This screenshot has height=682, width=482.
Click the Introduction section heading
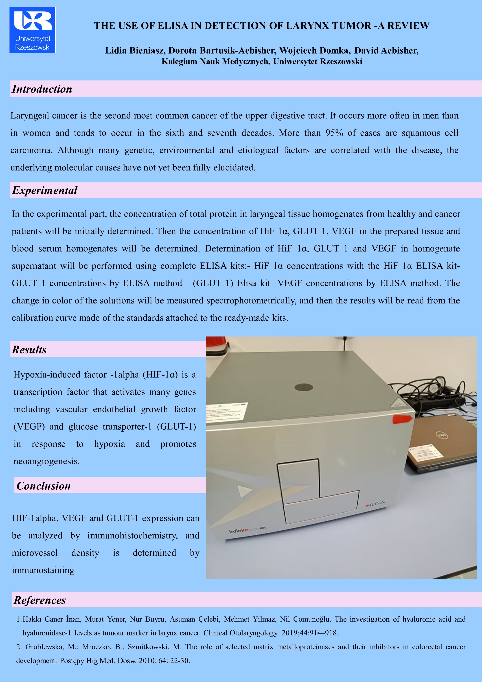(42, 89)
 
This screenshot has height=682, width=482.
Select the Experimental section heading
(45, 190)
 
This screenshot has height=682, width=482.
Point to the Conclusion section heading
(44, 486)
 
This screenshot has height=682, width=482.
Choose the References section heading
(40, 600)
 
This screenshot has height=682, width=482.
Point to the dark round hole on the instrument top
(304, 387)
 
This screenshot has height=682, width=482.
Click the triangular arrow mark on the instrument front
(244, 491)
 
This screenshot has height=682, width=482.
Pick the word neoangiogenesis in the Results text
(47, 461)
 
